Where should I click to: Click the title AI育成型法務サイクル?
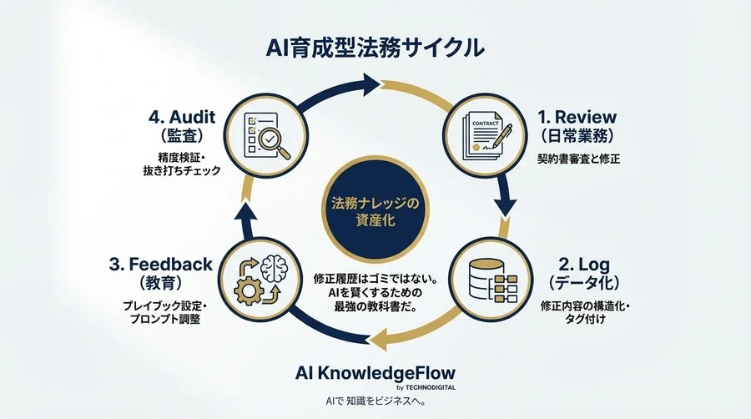tap(375, 48)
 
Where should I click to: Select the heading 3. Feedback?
tap(160, 265)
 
